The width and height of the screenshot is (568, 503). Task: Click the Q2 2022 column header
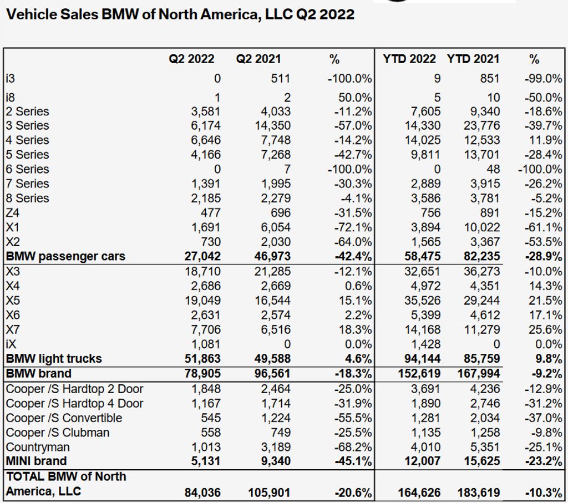191,59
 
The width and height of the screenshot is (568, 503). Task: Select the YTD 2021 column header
473,59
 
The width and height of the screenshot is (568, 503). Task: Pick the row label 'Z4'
13,212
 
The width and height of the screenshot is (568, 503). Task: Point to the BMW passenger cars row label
65,256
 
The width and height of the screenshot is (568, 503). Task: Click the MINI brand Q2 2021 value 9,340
276,461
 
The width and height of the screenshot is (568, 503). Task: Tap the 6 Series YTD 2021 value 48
492,169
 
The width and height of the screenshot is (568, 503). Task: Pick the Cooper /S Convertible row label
64,418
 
